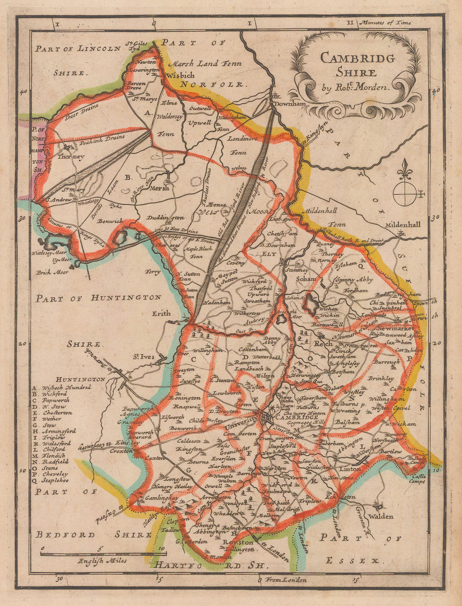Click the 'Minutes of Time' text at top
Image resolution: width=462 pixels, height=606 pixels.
[x=391, y=23]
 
